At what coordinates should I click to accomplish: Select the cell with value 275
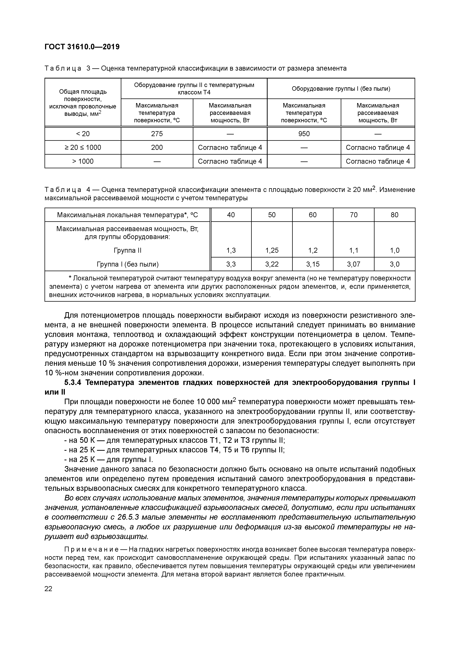[x=157, y=134]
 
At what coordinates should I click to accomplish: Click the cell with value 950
[x=304, y=134]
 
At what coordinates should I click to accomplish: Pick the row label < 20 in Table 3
[x=83, y=134]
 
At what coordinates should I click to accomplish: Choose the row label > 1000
[x=83, y=161]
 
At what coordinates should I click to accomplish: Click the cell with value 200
[x=157, y=148]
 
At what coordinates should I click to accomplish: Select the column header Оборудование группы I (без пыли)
[x=341, y=89]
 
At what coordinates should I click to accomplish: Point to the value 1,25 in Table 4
[x=272, y=250]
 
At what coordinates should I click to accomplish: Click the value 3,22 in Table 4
[x=272, y=264]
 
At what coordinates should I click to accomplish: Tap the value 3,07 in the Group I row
[x=354, y=264]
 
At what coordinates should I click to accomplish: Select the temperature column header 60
[x=313, y=215]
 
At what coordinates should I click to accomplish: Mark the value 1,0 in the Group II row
[x=394, y=250]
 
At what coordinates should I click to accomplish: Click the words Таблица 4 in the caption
[x=68, y=190]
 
